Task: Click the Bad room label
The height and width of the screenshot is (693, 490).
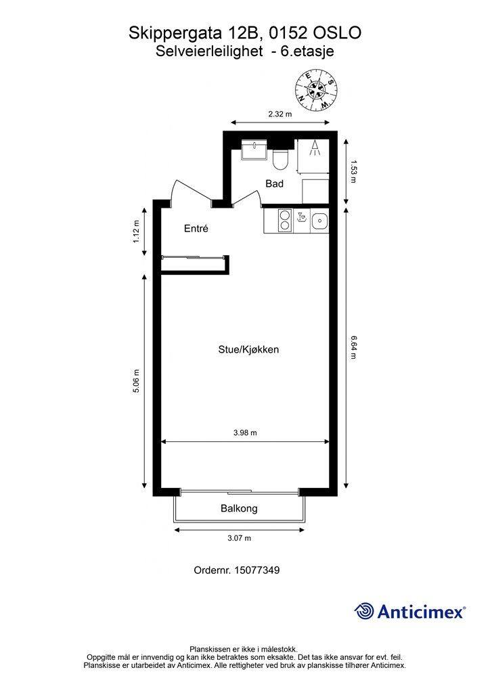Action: [x=274, y=183]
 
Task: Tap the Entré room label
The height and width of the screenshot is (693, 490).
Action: [x=196, y=229]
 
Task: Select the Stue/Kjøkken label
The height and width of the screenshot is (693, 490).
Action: [x=248, y=350]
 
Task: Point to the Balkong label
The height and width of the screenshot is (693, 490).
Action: [x=239, y=509]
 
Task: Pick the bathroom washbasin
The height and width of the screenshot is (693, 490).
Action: [x=254, y=150]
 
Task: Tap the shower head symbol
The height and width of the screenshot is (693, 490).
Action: [x=315, y=148]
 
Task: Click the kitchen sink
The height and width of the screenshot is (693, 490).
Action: [x=319, y=221]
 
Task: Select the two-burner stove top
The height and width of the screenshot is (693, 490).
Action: [x=285, y=221]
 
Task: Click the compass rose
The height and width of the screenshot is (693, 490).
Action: [x=316, y=91]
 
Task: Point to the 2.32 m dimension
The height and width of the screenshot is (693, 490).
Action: [x=280, y=114]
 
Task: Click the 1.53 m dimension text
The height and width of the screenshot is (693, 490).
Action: [x=353, y=171]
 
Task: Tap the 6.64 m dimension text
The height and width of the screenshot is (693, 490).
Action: [x=353, y=348]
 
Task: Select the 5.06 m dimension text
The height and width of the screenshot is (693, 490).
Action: [x=136, y=381]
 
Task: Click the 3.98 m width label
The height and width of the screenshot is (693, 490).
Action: [x=245, y=433]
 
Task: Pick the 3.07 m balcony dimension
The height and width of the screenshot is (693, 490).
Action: [x=239, y=538]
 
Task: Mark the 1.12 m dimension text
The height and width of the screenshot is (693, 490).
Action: [x=136, y=231]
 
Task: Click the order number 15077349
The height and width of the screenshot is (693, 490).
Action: [x=257, y=571]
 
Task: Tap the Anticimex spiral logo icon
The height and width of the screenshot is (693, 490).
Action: [x=364, y=611]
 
